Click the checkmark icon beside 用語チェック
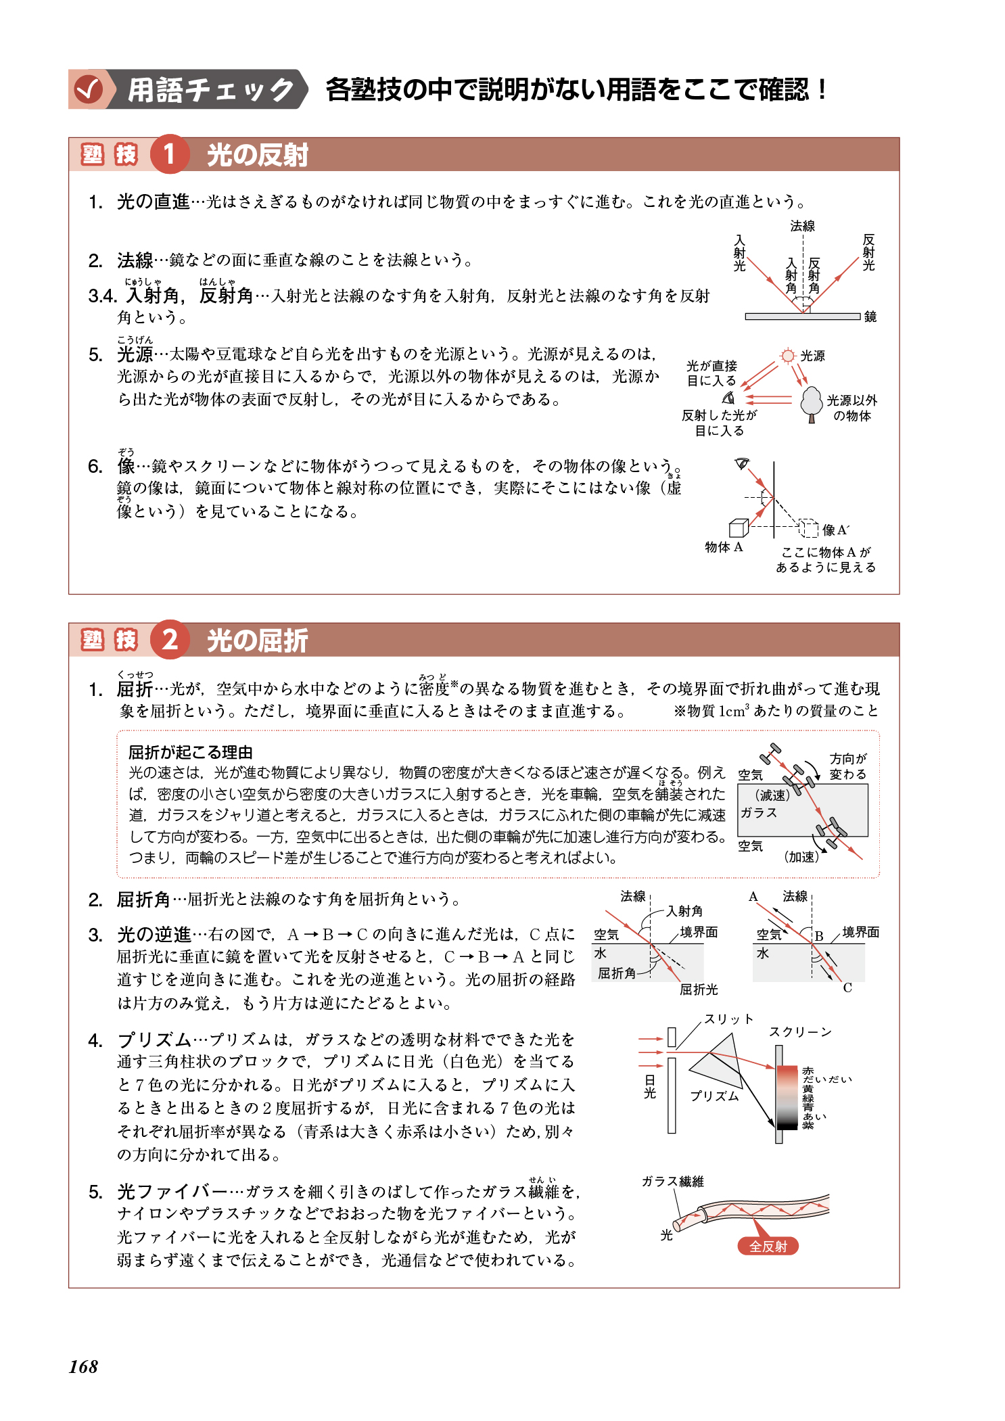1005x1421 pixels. [x=89, y=89]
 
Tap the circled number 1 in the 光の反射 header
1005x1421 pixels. [x=169, y=154]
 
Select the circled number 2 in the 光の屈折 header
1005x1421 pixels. [x=169, y=639]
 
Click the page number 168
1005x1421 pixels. [x=83, y=1367]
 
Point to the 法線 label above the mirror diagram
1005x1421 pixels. [x=802, y=226]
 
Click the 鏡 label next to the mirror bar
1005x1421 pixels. [x=870, y=317]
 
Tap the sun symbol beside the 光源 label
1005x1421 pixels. [x=787, y=356]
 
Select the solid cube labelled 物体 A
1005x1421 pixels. [x=738, y=528]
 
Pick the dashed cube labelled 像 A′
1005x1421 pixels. [x=808, y=527]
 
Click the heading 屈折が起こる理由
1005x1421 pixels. [x=190, y=752]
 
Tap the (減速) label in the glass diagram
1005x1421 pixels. [x=772, y=795]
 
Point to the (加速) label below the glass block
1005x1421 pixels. [x=801, y=857]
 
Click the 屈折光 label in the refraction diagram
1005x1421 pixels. [x=699, y=989]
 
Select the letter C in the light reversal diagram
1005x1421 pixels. [x=847, y=988]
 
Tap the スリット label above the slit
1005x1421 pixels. [x=728, y=1019]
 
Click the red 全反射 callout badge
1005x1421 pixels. [x=768, y=1246]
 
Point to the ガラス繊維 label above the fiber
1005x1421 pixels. [x=672, y=1182]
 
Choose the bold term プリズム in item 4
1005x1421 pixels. [x=154, y=1040]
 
